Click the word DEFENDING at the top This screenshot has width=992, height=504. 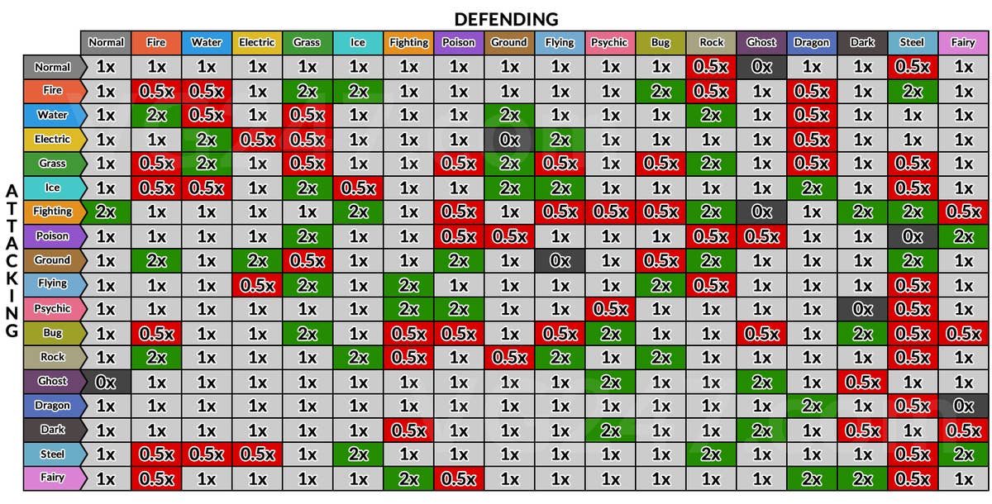click(506, 18)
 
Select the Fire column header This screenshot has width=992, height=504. click(155, 43)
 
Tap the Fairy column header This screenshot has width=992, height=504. click(963, 43)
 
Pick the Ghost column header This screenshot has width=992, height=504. click(761, 43)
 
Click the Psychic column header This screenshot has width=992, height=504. click(610, 43)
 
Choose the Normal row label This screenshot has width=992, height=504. click(51, 67)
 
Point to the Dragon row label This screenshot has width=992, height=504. click(51, 406)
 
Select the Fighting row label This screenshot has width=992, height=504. click(51, 212)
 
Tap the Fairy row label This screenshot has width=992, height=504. click(51, 478)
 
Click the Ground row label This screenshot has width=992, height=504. click(51, 260)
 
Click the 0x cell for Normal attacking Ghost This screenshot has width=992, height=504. click(761, 67)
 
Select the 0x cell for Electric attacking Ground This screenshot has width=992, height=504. click(509, 140)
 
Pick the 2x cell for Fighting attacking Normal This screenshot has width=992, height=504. click(106, 212)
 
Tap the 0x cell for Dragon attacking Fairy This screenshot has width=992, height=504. click(963, 406)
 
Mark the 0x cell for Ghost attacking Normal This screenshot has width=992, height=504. click(106, 382)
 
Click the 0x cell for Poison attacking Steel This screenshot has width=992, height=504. click(913, 236)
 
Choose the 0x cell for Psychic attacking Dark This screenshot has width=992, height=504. click(862, 309)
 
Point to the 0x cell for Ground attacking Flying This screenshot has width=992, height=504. click(560, 260)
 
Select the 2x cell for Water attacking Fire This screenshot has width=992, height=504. click(156, 115)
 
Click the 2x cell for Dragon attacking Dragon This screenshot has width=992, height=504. click(812, 406)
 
